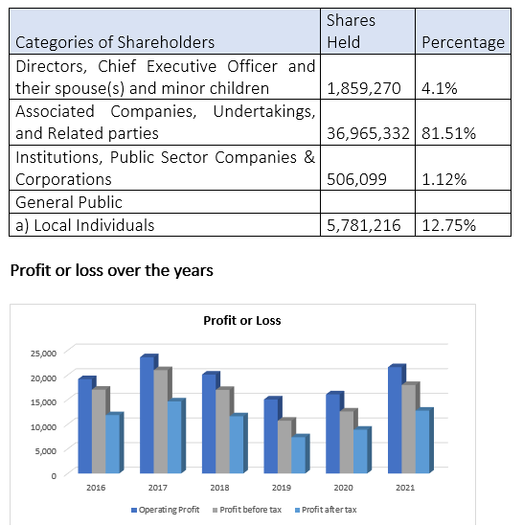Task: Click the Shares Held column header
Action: click(x=351, y=32)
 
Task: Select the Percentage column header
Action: click(x=463, y=42)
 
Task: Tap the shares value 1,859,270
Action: click(x=364, y=88)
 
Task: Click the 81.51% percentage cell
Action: click(x=448, y=133)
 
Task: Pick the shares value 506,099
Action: click(x=356, y=179)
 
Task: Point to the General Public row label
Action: click(x=69, y=202)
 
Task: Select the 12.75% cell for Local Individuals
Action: click(x=448, y=225)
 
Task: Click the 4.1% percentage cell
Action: click(x=439, y=88)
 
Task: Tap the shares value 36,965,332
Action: click(x=368, y=133)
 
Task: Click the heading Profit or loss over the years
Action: click(x=112, y=270)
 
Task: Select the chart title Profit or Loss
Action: click(x=242, y=321)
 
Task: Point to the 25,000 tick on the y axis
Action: click(x=44, y=354)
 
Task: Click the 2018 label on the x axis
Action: click(x=219, y=488)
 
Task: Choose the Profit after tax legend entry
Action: click(x=326, y=510)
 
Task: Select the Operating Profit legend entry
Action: click(x=166, y=510)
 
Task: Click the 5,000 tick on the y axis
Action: click(x=46, y=451)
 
